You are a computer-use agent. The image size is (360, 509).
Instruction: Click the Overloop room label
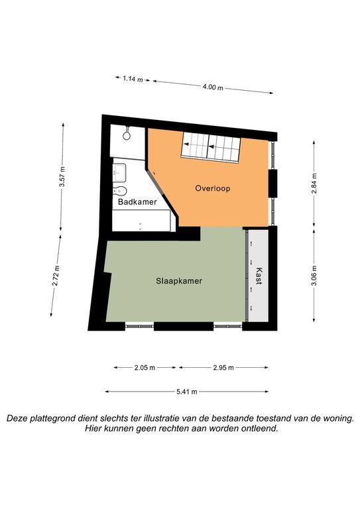[213, 188]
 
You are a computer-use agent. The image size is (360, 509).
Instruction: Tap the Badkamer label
[137, 202]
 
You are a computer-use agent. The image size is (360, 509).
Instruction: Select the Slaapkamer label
[179, 281]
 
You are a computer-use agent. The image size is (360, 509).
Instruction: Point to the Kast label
[259, 276]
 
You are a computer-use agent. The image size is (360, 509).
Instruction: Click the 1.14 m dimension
[133, 79]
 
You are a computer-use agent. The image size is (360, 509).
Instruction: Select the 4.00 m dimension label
[213, 87]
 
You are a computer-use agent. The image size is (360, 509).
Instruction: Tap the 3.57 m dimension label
[62, 176]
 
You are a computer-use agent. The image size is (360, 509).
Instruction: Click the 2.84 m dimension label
[314, 184]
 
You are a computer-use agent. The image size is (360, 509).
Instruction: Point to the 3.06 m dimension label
[314, 276]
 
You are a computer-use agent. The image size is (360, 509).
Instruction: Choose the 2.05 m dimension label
[145, 367]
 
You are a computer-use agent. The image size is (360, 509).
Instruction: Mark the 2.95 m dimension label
[223, 367]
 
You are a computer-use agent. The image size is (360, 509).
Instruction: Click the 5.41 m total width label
[187, 392]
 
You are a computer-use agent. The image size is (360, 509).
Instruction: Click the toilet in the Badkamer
[119, 191]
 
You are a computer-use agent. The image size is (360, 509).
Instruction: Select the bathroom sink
[119, 173]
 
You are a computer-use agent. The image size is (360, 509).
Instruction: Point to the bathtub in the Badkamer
[141, 221]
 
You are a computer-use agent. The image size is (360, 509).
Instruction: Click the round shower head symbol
[127, 136]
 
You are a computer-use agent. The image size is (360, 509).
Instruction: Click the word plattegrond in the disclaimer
[58, 419]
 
